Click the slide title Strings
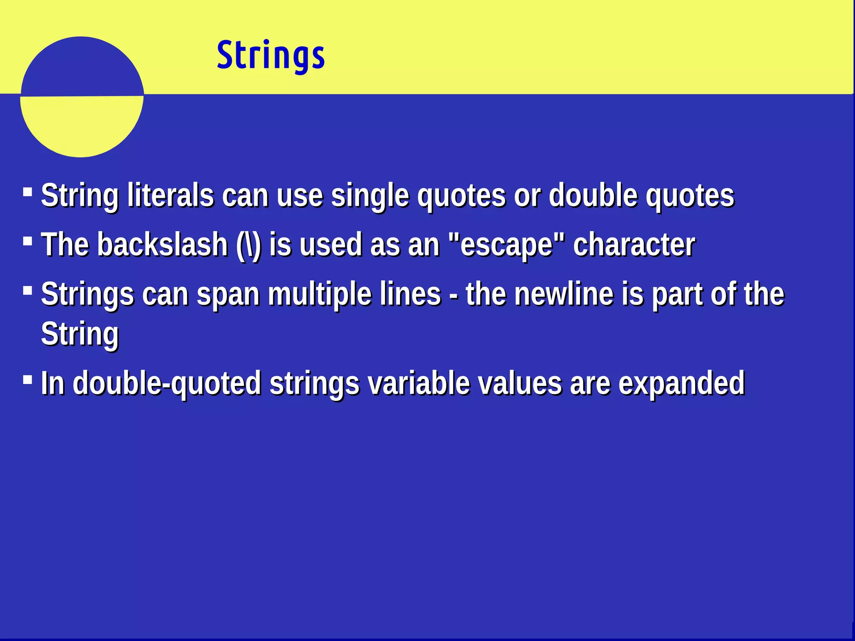[271, 55]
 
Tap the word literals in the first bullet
[170, 195]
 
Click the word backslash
[162, 245]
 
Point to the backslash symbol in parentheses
[249, 245]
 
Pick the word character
[634, 245]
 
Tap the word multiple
[319, 294]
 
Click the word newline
[564, 294]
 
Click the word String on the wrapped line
[80, 334]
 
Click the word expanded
[681, 383]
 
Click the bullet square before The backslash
[28, 242]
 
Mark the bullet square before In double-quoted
[28, 380]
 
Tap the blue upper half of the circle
[81, 67]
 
